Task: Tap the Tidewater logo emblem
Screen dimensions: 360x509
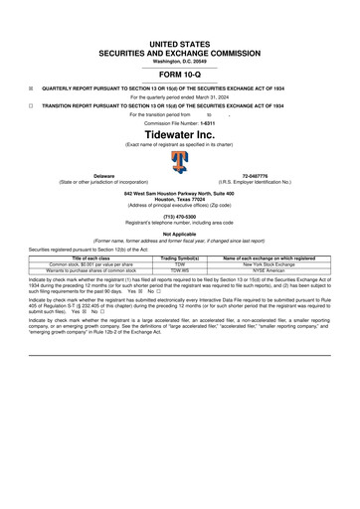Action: point(180,161)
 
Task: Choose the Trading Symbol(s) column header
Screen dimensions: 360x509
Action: point(180,257)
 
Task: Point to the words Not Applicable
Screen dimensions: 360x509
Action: point(179,234)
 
